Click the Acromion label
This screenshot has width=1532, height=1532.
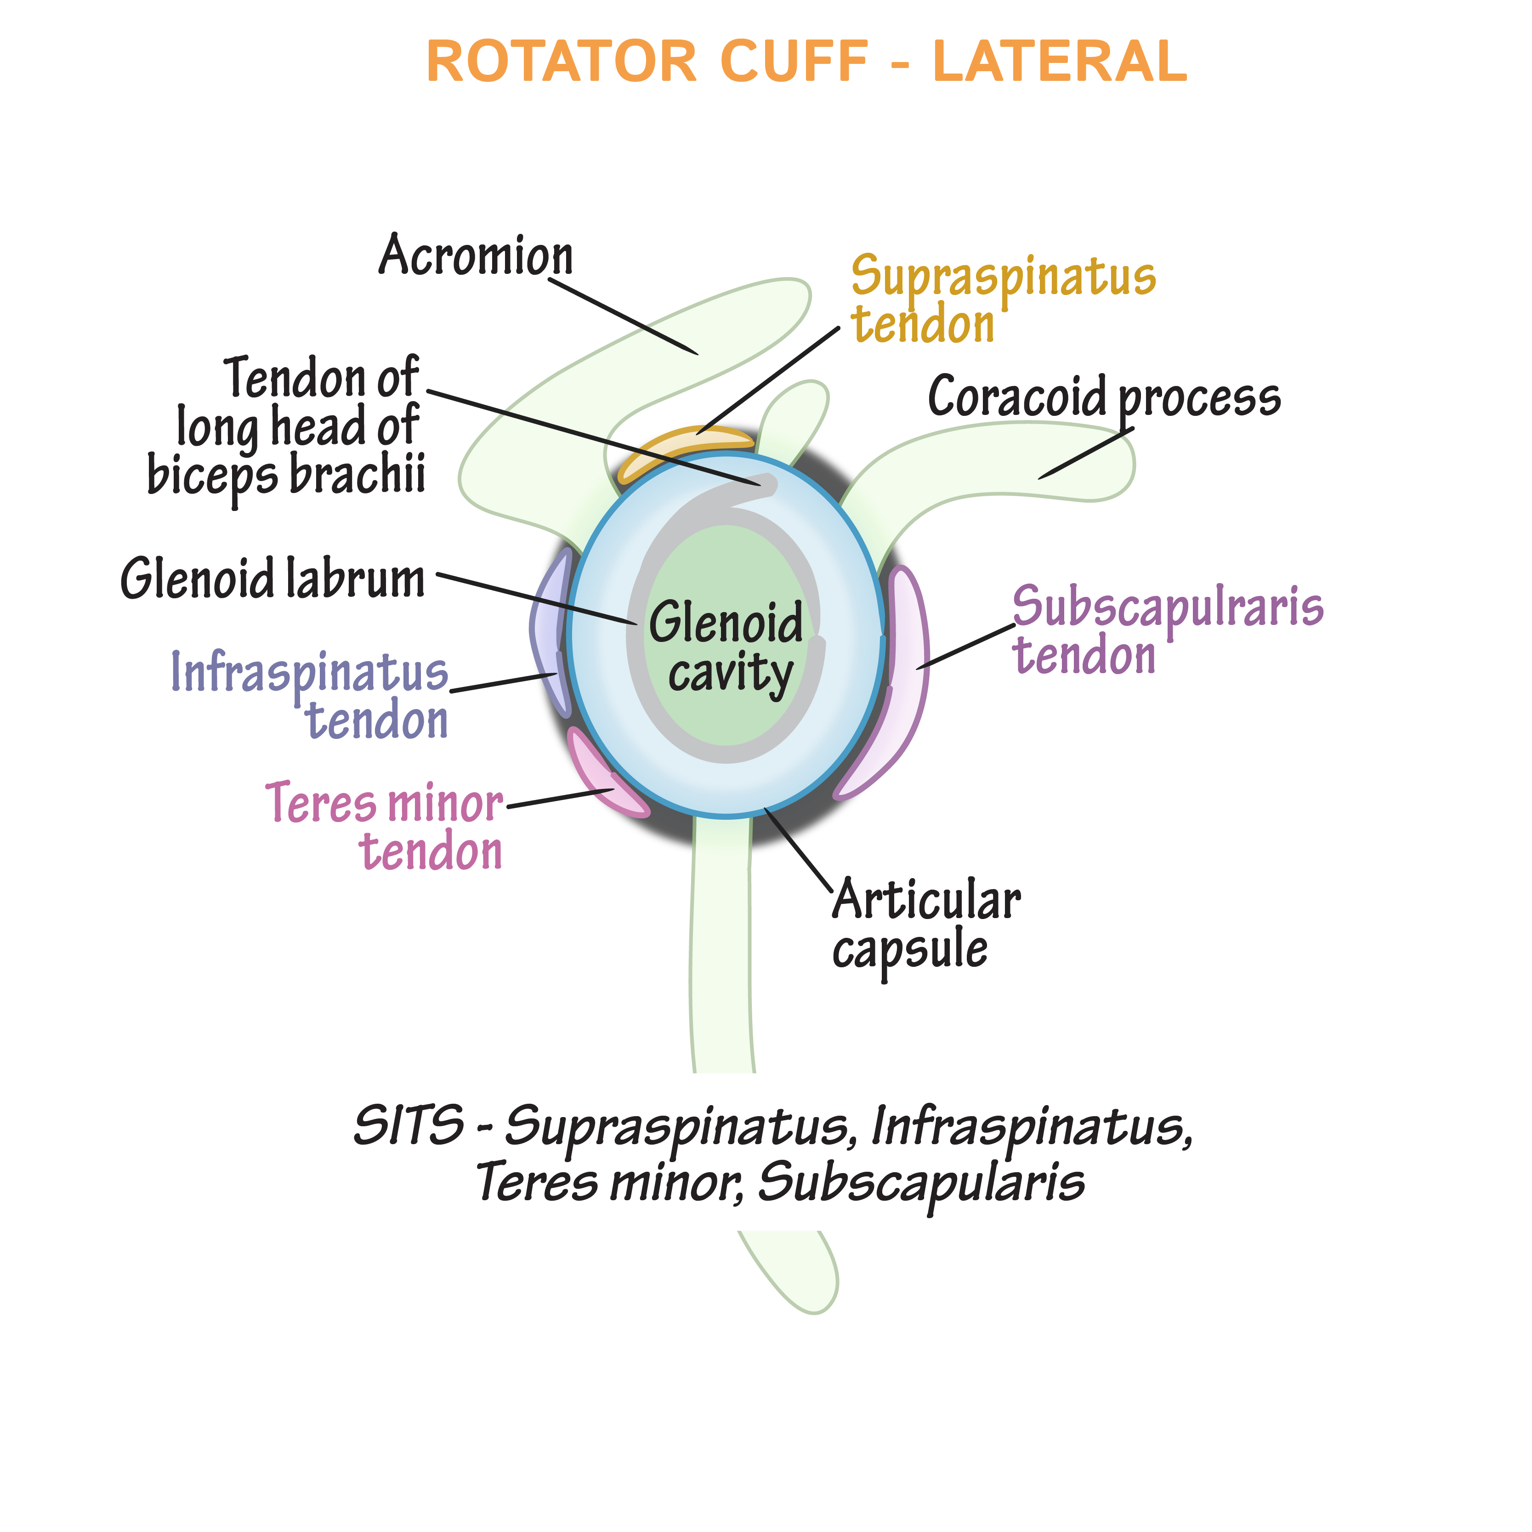[476, 256]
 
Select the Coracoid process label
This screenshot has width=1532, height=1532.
[1104, 397]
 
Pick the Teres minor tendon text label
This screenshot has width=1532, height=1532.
[386, 826]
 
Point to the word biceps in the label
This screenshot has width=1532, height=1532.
[212, 476]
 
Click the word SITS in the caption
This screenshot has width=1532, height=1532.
[409, 1125]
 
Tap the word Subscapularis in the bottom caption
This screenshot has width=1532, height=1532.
[920, 1183]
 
